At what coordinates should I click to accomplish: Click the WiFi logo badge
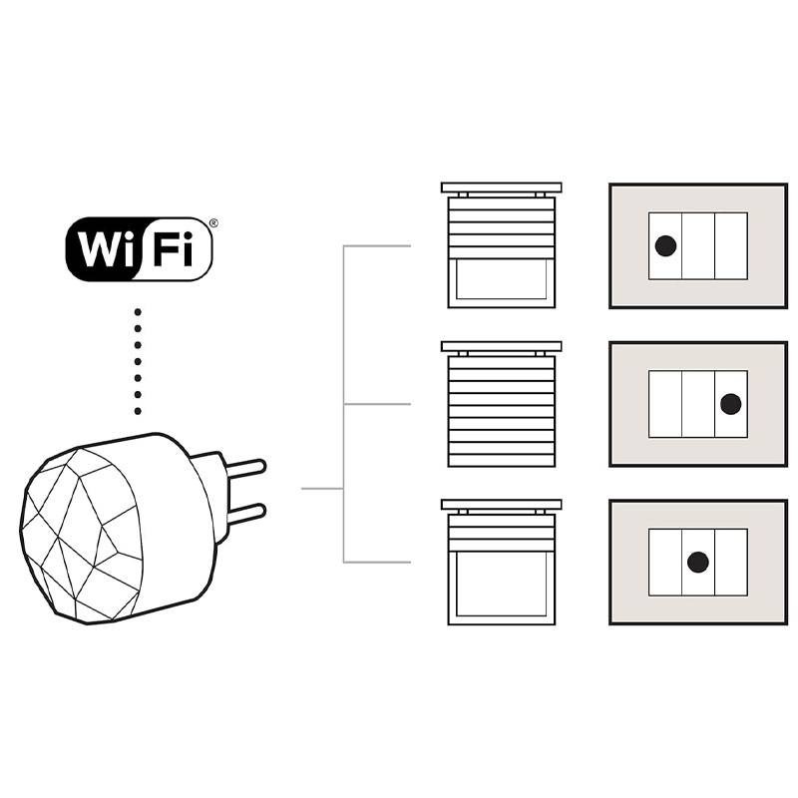pos(139,248)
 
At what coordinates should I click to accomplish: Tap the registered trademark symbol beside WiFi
pos(212,223)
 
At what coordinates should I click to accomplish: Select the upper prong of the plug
pos(244,466)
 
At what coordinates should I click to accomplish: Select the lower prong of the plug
pos(244,514)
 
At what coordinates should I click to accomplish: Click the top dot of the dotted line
pos(139,312)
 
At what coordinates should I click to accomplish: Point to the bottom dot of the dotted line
pos(139,411)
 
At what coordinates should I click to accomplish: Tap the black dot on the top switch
pos(665,245)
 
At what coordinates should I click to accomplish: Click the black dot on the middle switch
pos(730,404)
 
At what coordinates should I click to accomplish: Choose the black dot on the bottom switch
pos(698,563)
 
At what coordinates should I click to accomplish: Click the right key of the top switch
pos(730,245)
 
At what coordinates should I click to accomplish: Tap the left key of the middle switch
pos(665,404)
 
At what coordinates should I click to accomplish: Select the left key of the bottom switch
pos(665,563)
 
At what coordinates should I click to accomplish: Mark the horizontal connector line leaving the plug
pos(321,489)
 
